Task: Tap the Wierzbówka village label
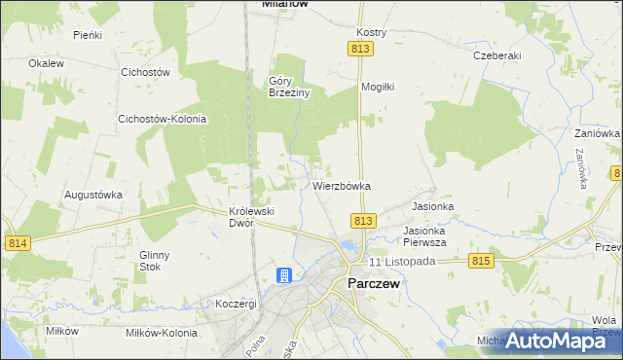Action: click(x=342, y=185)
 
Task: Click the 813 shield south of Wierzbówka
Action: click(x=363, y=221)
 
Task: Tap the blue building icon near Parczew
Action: click(x=283, y=277)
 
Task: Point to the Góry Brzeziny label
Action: click(x=289, y=88)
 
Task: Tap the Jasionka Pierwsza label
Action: click(x=424, y=236)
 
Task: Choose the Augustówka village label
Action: click(x=93, y=195)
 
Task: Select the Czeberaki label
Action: click(x=495, y=56)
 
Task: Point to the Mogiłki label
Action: click(x=377, y=87)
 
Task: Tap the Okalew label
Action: click(x=46, y=63)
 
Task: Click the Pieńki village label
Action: click(x=89, y=34)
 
